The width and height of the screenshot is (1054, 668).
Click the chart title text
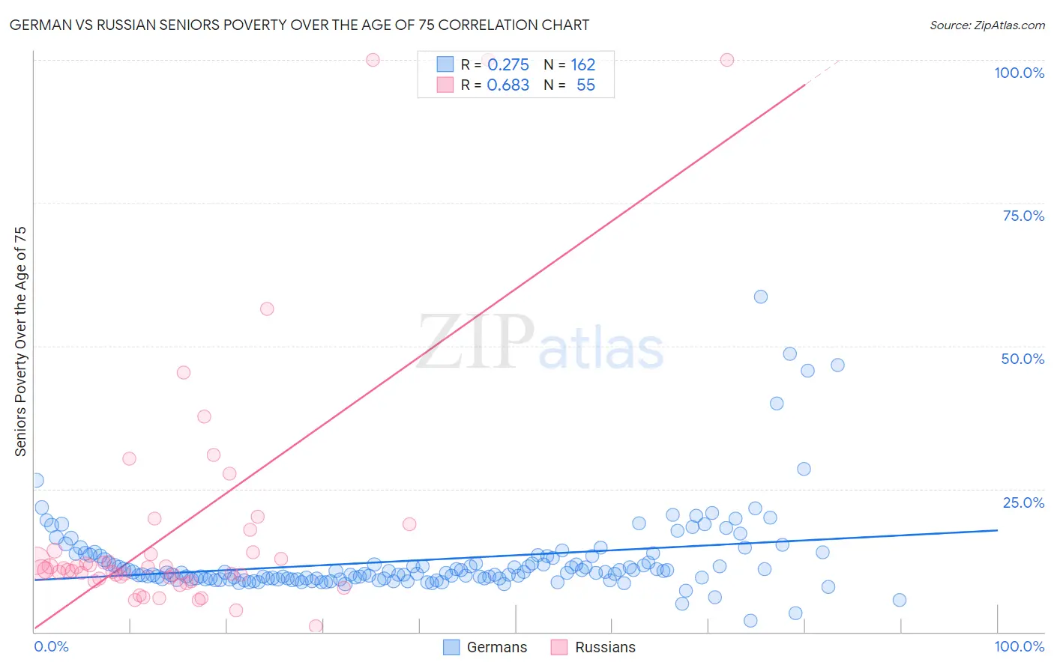coord(299,25)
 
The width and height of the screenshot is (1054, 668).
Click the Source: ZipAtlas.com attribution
coord(987,25)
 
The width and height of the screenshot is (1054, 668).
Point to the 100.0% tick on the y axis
coord(1019,73)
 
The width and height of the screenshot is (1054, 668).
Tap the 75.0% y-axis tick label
coord(1023,216)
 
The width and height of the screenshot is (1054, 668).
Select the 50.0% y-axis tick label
coord(1023,359)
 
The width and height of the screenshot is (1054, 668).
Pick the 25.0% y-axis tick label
coord(1023,502)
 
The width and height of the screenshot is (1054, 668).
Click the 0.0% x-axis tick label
coord(51,646)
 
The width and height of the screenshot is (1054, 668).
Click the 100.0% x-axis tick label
coord(1019,646)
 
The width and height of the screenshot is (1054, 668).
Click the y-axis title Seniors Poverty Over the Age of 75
coord(20,341)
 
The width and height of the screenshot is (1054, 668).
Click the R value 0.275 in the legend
coord(508,65)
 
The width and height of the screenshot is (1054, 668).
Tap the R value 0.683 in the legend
coord(508,85)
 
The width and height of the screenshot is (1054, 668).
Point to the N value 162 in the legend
coord(582,65)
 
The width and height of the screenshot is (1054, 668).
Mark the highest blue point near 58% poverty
coord(761,297)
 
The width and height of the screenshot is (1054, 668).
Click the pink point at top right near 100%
coord(726,60)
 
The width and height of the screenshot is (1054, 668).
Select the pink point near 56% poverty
coord(267,309)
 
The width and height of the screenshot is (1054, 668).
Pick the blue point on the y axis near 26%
coord(36,480)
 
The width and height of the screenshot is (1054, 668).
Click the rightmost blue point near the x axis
coord(900,600)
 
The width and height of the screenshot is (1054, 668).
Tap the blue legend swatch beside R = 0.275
coord(445,64)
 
